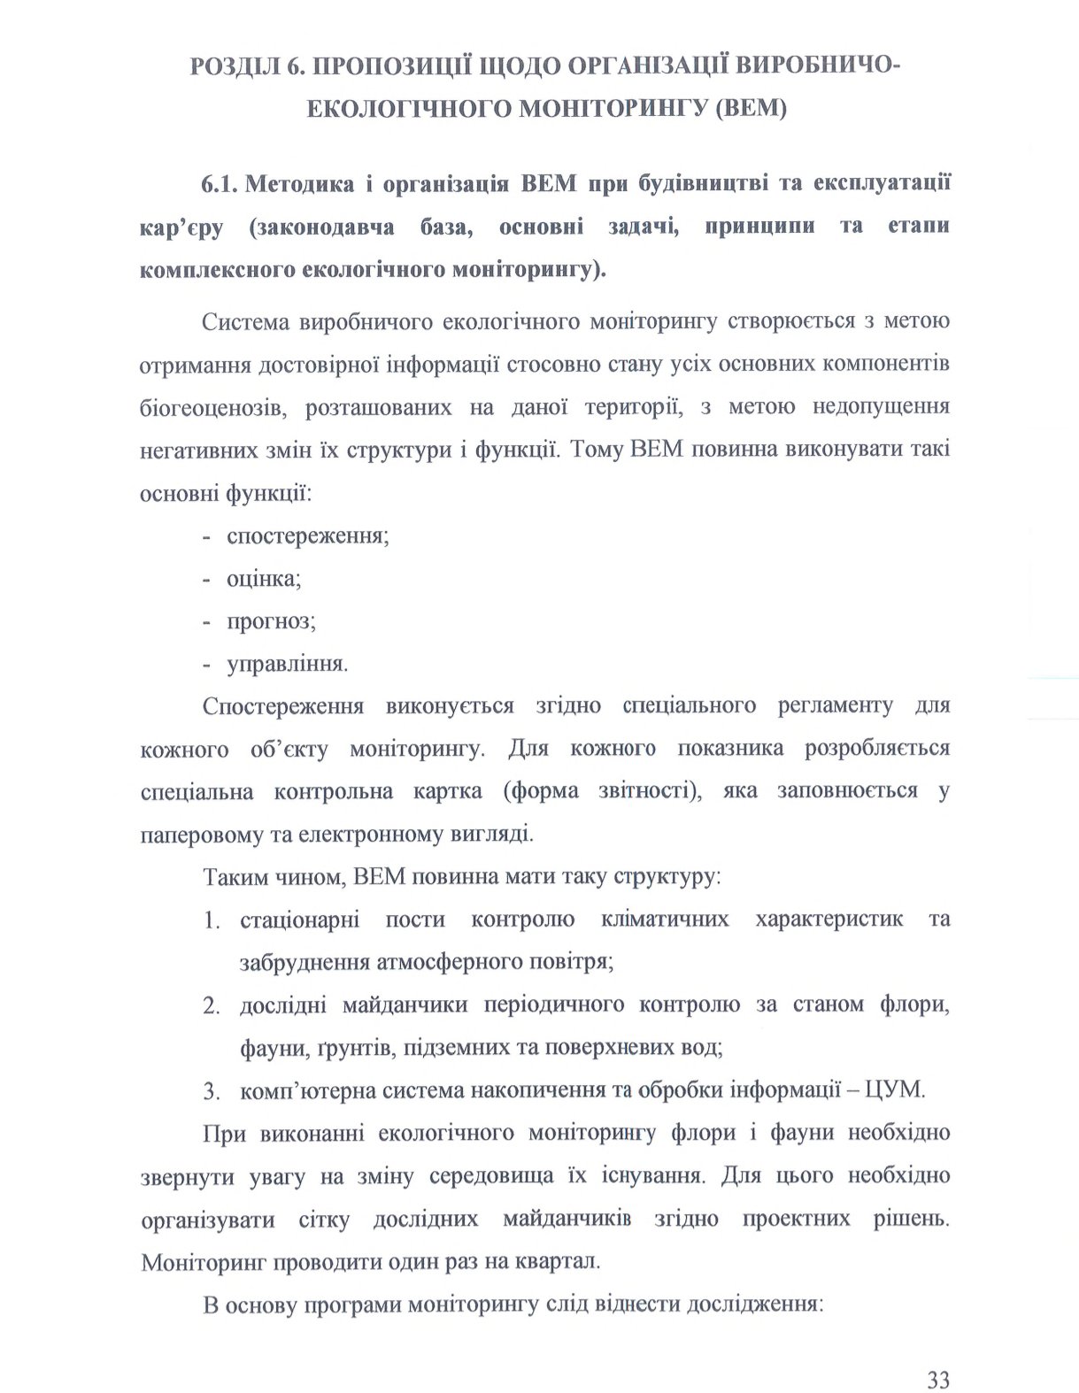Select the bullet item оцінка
coord(263,580)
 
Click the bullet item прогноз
coord(271,621)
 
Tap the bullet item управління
coord(286,665)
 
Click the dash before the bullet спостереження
coord(207,537)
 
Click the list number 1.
coord(211,920)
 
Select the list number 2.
coord(211,1006)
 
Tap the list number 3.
coord(211,1091)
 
